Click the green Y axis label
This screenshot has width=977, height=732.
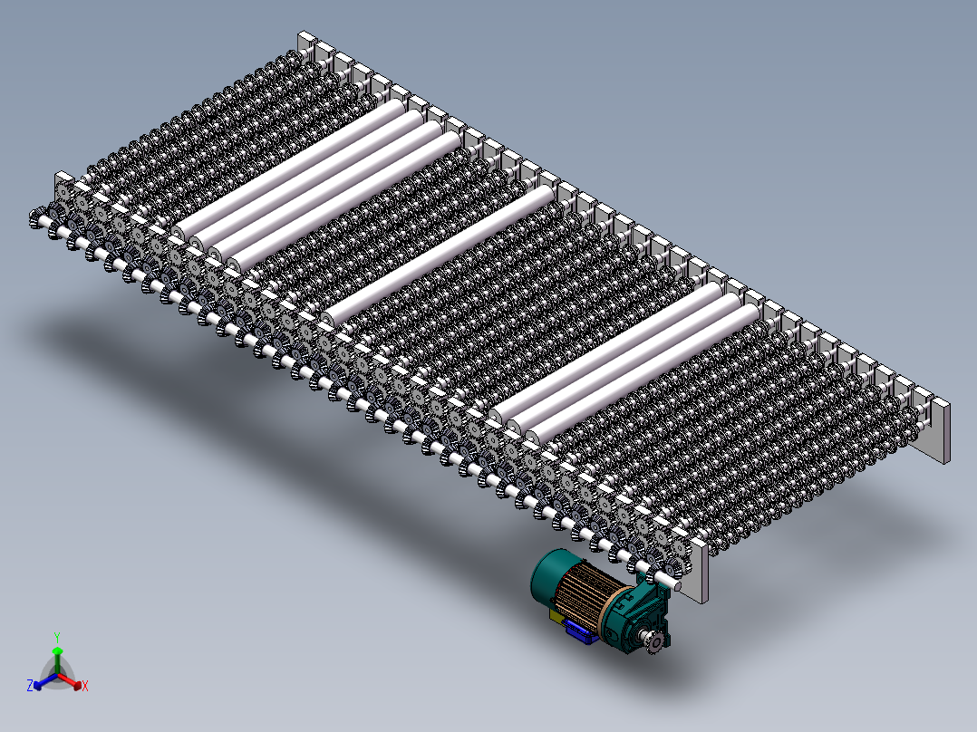pyautogui.click(x=56, y=636)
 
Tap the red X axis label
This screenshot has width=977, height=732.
pyautogui.click(x=84, y=687)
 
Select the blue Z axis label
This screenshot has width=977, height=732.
pyautogui.click(x=30, y=687)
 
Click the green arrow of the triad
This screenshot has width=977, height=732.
pyautogui.click(x=56, y=656)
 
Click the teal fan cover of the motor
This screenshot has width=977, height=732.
pyautogui.click(x=552, y=578)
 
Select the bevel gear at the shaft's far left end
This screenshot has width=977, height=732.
pyautogui.click(x=38, y=218)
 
